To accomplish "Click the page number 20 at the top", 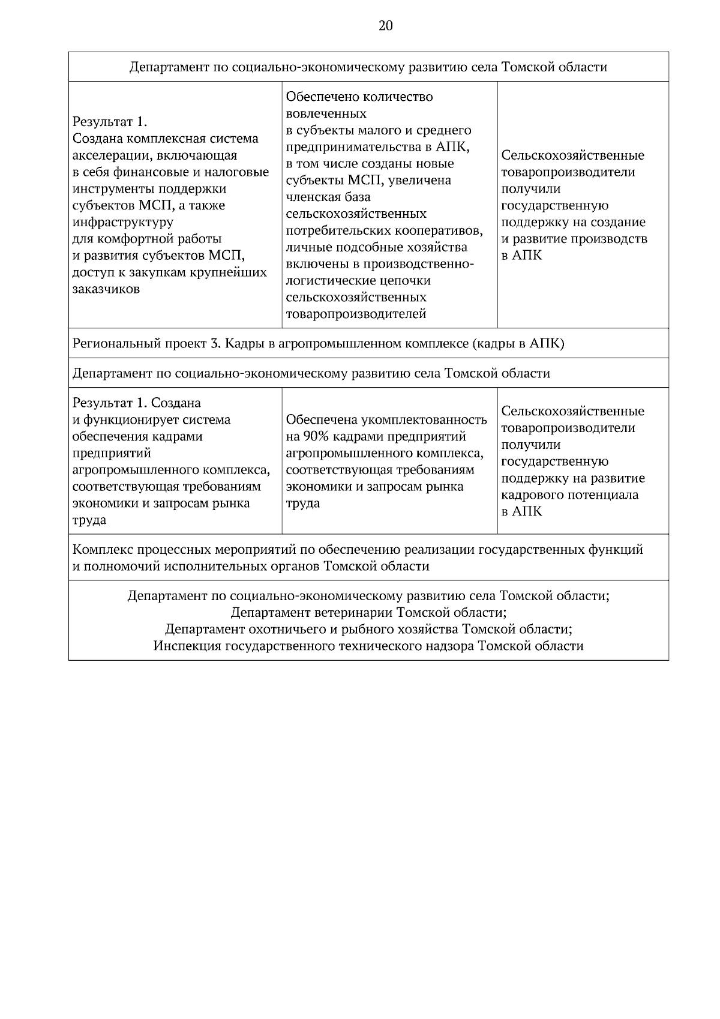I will (x=386, y=26).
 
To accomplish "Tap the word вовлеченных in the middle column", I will (x=326, y=113).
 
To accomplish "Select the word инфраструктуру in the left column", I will (x=122, y=223).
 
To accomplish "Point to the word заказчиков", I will (x=106, y=289).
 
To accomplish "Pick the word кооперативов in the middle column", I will (x=439, y=231).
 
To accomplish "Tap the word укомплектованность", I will (x=423, y=419).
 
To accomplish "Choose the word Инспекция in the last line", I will (x=187, y=646).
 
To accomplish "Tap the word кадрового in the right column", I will (x=530, y=495).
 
